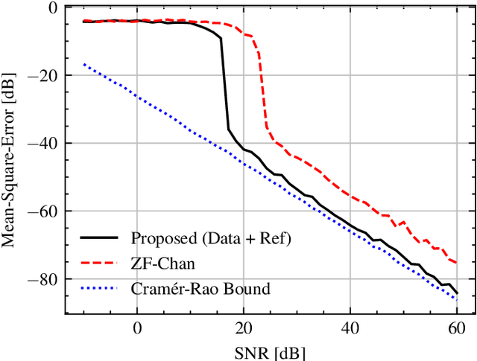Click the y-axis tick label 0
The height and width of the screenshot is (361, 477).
tap(51, 7)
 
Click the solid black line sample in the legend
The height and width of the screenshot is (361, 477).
tap(99, 239)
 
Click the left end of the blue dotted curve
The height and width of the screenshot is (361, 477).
tap(83, 64)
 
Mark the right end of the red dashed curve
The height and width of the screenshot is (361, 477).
tap(456, 262)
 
